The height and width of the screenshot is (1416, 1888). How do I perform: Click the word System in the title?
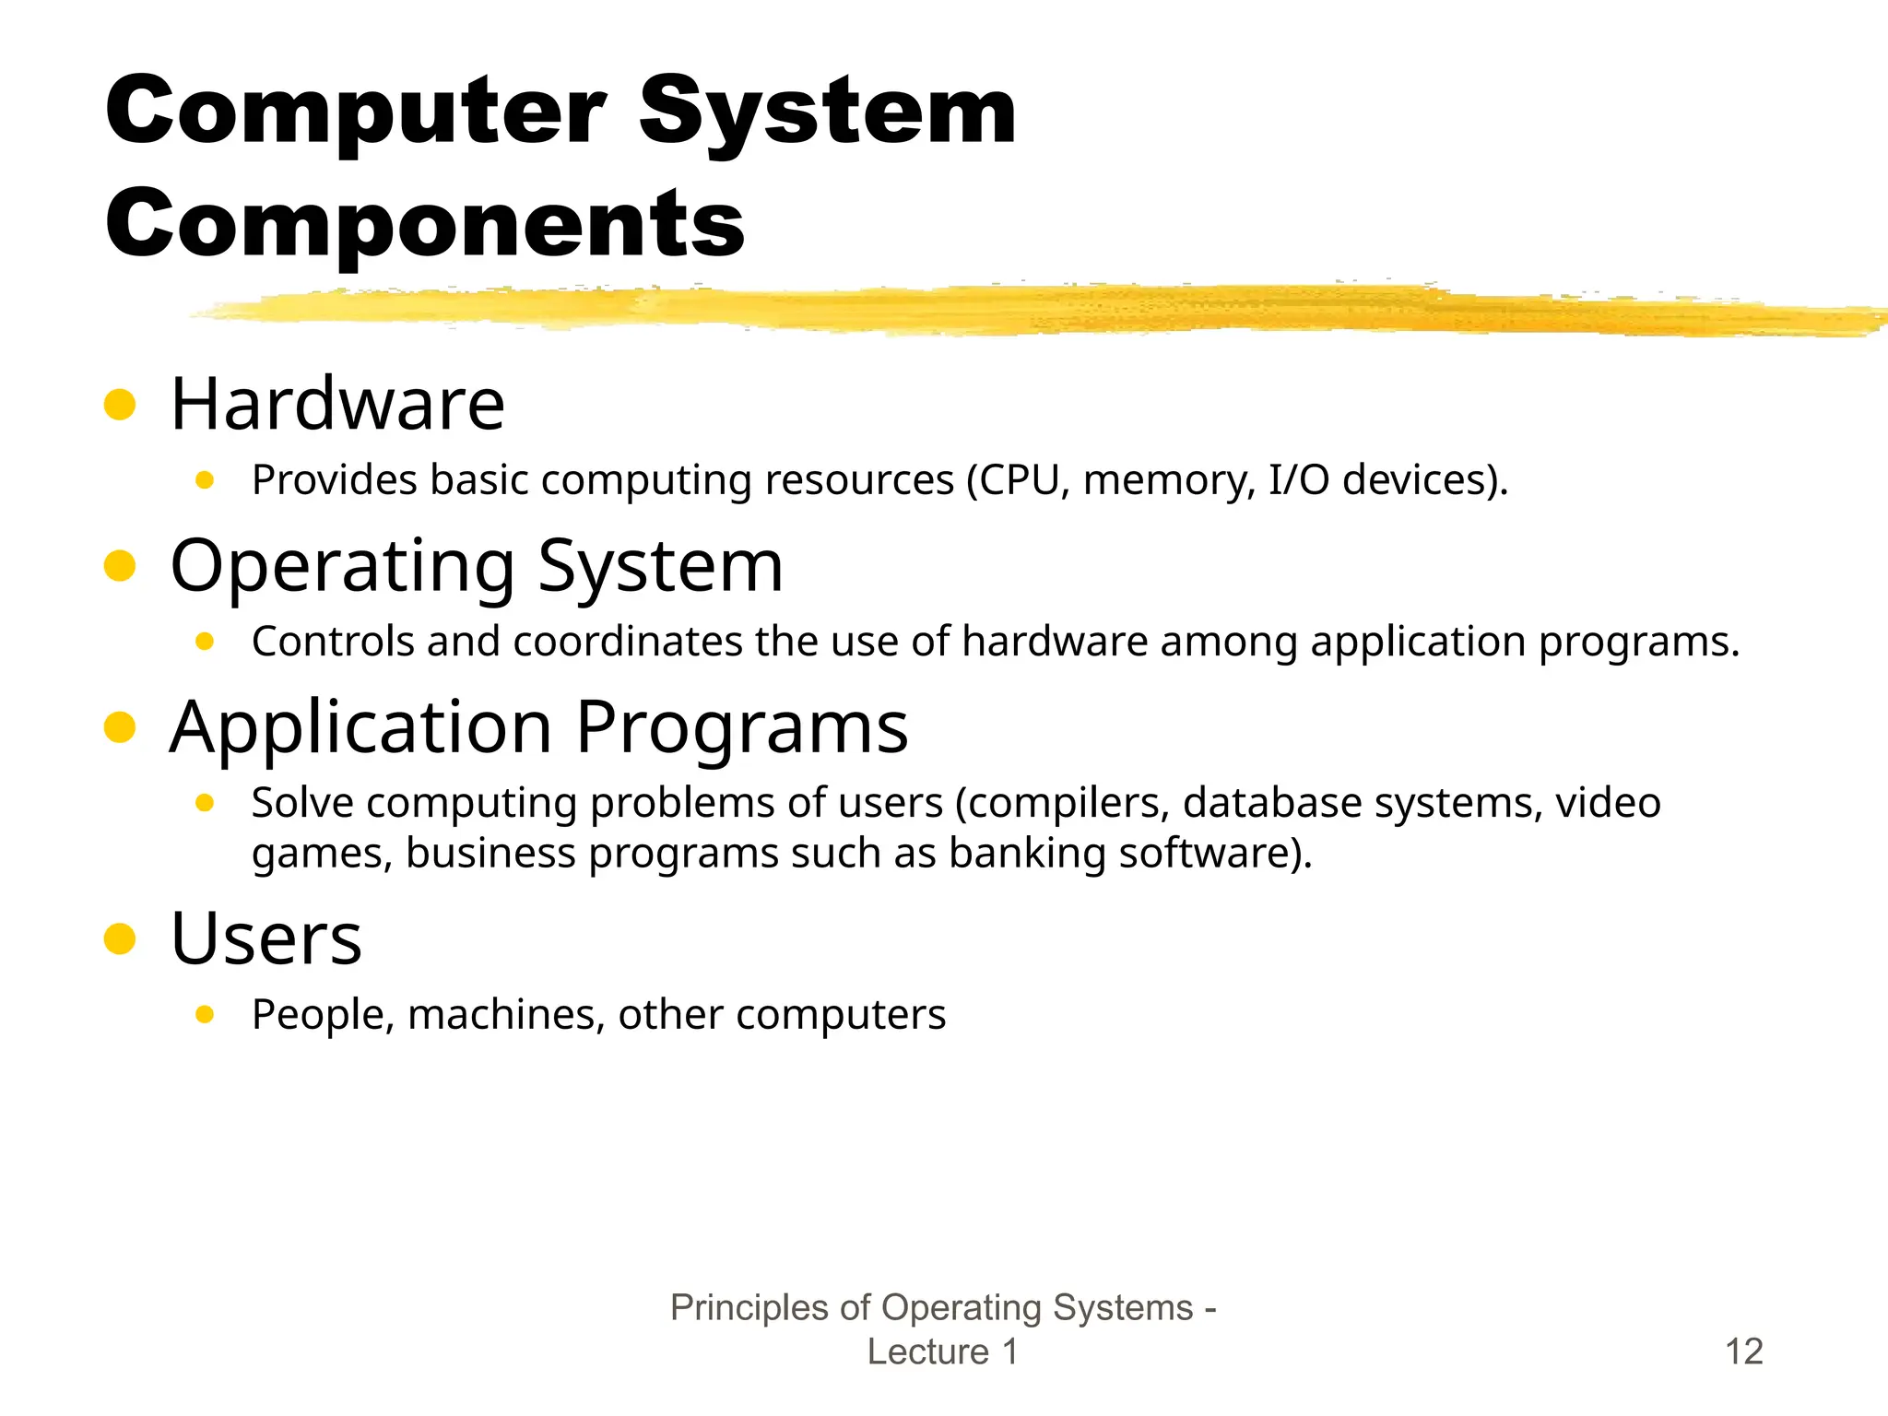pos(827,112)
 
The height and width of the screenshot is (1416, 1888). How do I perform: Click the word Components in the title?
pos(425,225)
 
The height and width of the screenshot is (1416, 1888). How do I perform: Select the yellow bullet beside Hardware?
pos(120,404)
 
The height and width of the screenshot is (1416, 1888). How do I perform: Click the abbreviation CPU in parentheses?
pos(1020,480)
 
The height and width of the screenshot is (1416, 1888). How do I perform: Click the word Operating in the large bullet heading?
pos(343,566)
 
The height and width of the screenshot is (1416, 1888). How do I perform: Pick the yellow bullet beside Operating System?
pos(120,566)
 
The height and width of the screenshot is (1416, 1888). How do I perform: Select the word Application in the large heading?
pos(361,727)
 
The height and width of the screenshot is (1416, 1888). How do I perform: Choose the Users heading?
pos(266,938)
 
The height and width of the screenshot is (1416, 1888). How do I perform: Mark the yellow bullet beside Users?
pos(120,938)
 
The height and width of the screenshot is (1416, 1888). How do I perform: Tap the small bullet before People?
pos(205,1015)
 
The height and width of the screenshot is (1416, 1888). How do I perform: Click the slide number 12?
pos(1743,1351)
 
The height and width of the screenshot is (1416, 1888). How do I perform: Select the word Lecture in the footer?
pos(927,1351)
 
